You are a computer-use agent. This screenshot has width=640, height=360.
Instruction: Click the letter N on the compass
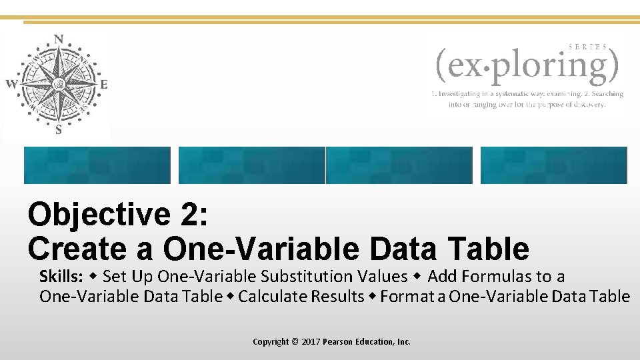(x=59, y=39)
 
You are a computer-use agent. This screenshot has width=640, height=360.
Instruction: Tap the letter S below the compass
(x=59, y=131)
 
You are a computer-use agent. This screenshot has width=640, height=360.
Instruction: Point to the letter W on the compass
(x=11, y=84)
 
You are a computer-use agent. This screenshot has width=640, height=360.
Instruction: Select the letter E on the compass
(x=103, y=85)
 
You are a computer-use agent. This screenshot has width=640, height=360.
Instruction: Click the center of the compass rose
(x=59, y=85)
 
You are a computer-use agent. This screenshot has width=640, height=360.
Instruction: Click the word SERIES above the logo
(x=588, y=47)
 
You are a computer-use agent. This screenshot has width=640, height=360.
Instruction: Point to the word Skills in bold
(x=60, y=276)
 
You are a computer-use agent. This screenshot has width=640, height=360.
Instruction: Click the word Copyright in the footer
(x=271, y=342)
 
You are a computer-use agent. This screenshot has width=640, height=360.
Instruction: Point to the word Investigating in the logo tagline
(x=464, y=94)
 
